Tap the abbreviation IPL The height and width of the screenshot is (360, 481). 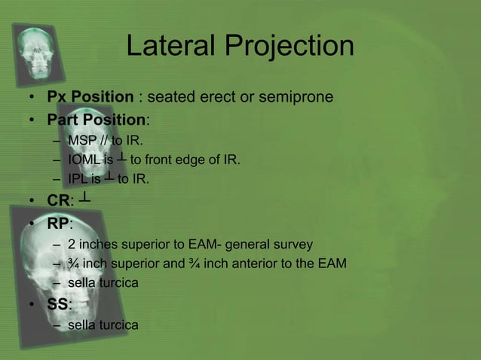click(x=78, y=179)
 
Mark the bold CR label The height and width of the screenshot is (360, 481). click(x=58, y=201)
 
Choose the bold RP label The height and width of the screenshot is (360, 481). click(x=58, y=223)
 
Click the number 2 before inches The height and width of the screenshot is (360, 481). click(x=72, y=244)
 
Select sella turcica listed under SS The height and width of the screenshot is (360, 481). click(x=103, y=325)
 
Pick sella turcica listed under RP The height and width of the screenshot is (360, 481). click(x=103, y=283)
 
